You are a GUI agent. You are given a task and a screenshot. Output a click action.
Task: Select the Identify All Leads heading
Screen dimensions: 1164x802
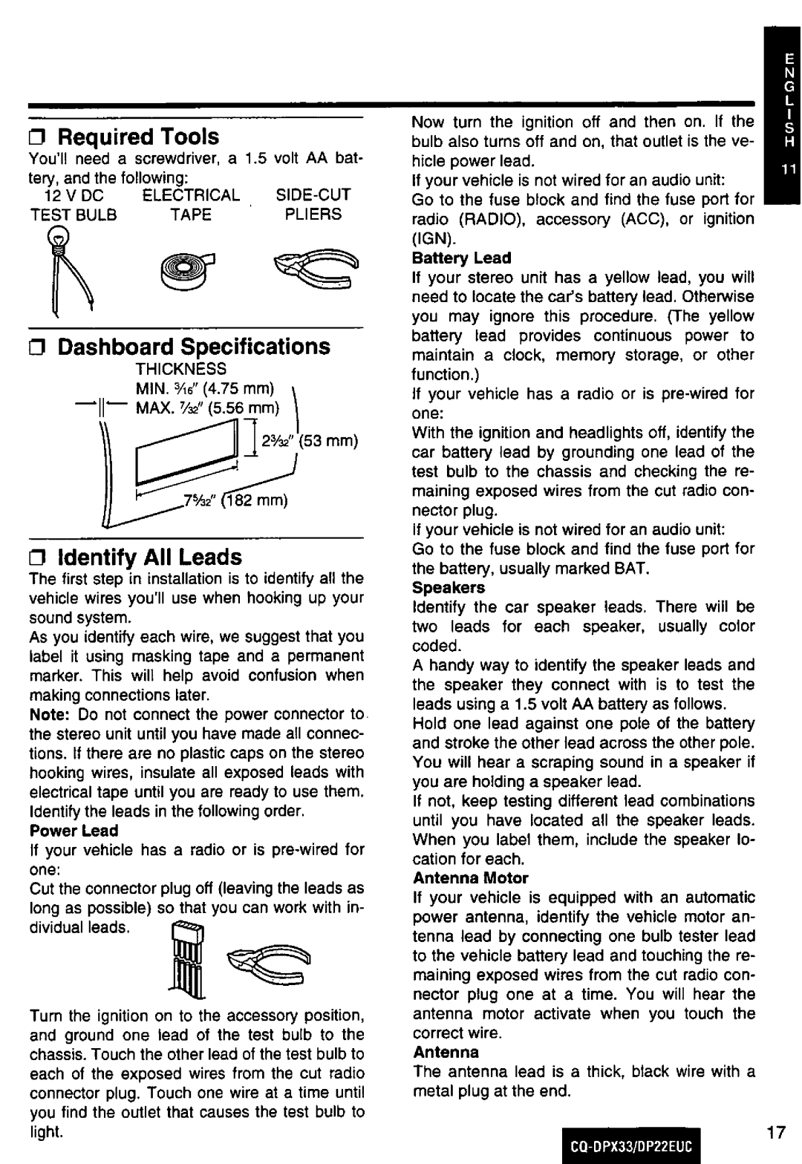(149, 557)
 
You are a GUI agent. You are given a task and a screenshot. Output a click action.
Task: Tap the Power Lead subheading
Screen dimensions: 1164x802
(74, 830)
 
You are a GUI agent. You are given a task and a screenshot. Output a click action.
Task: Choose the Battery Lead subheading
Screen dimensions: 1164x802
(462, 258)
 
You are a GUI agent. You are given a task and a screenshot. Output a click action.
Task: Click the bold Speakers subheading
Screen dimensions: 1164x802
(449, 587)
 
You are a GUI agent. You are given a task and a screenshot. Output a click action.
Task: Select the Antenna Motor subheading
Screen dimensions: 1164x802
(470, 878)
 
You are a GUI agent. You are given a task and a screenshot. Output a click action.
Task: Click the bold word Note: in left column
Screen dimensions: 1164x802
(50, 714)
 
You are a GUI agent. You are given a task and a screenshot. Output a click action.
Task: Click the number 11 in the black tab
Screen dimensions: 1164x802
(787, 170)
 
